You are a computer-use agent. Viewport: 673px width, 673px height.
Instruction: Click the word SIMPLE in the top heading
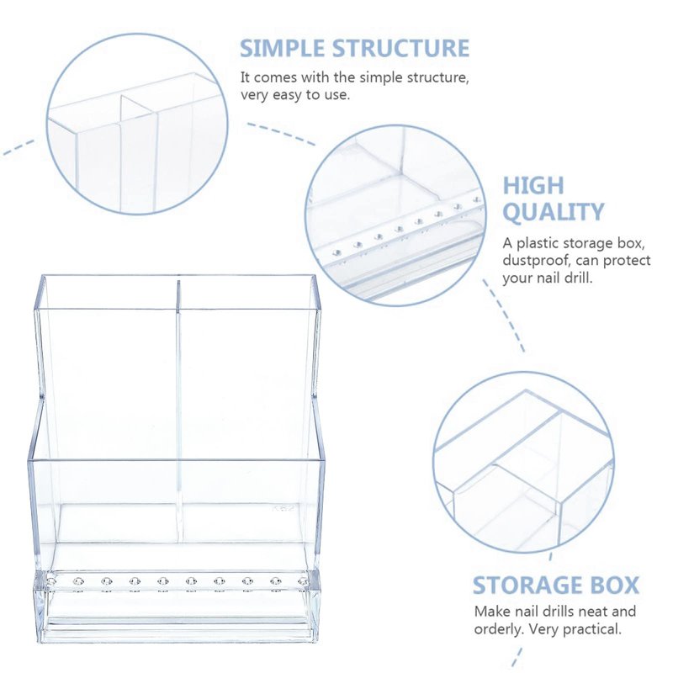pos(283,48)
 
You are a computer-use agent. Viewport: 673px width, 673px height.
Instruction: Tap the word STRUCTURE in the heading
pos(401,48)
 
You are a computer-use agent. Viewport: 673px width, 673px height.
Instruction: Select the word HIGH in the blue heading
pos(533,185)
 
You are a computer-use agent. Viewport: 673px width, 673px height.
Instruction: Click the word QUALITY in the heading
pos(554,212)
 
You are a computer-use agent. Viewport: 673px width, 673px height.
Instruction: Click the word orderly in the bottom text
pos(499,629)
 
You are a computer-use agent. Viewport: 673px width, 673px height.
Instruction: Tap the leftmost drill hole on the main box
pos(51,581)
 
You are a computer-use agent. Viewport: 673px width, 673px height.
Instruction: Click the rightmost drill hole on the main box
pos(304,581)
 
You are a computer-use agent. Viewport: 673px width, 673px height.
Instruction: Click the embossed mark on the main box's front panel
pos(284,509)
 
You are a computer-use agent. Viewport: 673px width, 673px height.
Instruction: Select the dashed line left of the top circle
pos(19,147)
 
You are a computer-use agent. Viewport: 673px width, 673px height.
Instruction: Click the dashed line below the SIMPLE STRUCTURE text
pos(281,134)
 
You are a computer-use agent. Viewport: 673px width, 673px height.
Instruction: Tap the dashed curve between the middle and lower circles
pos(503,315)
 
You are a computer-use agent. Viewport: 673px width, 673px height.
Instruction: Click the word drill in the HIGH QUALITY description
pos(580,278)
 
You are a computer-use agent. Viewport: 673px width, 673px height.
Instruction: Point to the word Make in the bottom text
pos(490,612)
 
